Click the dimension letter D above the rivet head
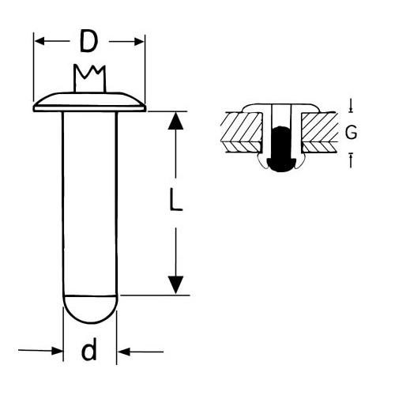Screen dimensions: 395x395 88,41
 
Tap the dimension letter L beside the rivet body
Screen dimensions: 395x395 175,199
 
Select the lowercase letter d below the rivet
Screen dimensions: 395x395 89,348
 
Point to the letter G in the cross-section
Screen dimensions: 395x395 351,132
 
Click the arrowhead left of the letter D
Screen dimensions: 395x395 39,41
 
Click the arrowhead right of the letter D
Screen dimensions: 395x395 139,42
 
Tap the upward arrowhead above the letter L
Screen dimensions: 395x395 175,121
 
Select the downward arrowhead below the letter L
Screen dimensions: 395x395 175,285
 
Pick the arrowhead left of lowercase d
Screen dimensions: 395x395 58,351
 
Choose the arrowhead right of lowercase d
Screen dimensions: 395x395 123,352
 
